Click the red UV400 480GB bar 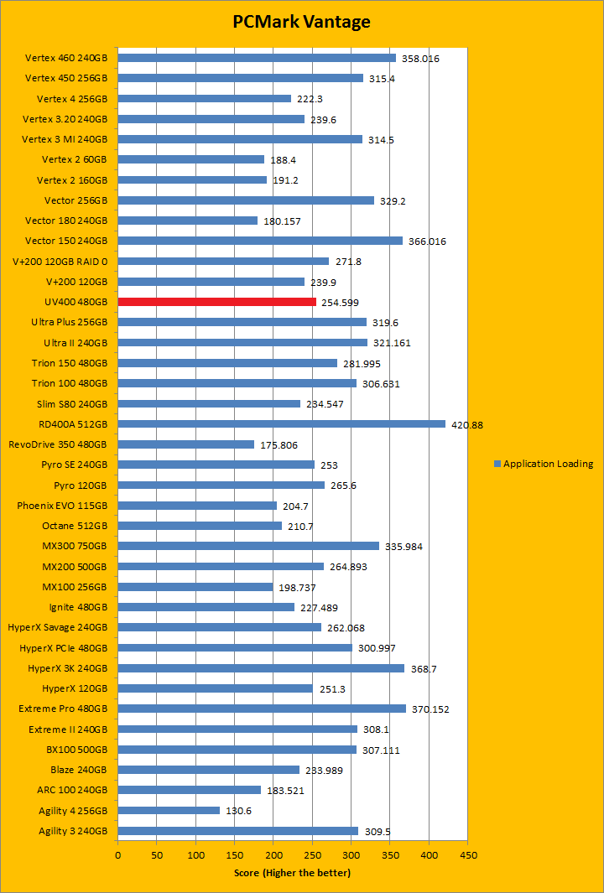click(x=216, y=302)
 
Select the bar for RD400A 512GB click(x=281, y=423)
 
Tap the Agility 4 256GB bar click(x=168, y=810)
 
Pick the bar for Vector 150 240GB click(x=260, y=241)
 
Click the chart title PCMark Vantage click(x=301, y=22)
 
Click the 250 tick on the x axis click(x=313, y=855)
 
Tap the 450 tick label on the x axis click(x=468, y=855)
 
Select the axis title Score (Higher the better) click(x=292, y=873)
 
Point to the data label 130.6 click(x=240, y=811)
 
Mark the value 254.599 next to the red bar click(x=341, y=302)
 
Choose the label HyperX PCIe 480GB click(x=64, y=647)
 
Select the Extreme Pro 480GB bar click(x=262, y=709)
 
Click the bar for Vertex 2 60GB click(x=190, y=159)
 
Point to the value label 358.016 click(x=420, y=59)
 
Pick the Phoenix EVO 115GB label click(x=62, y=506)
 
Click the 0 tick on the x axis click(x=117, y=855)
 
